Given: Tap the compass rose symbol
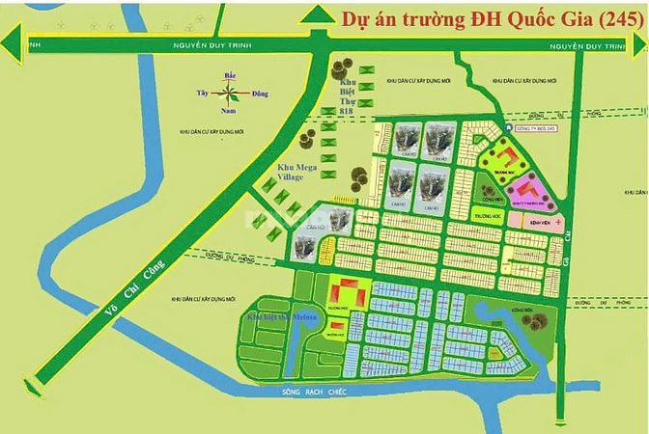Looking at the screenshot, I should pyautogui.click(x=229, y=95).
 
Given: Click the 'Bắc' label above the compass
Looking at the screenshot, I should pyautogui.click(x=230, y=74).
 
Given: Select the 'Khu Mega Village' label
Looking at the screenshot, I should pyautogui.click(x=289, y=170).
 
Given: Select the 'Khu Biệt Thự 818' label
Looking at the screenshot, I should pyautogui.click(x=345, y=96).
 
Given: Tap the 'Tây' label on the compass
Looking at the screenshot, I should pyautogui.click(x=203, y=94).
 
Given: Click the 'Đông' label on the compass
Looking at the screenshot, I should pyautogui.click(x=258, y=94).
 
